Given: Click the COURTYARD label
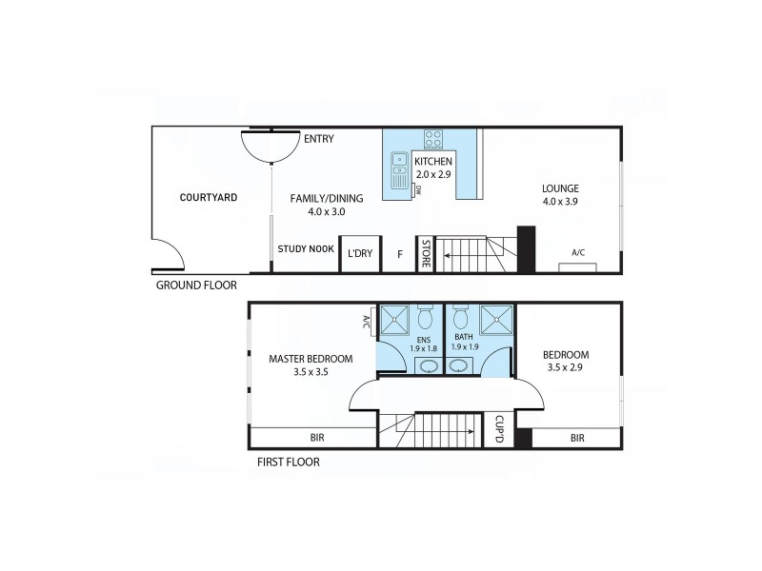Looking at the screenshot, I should point(208,198).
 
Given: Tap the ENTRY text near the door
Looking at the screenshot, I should point(318,139).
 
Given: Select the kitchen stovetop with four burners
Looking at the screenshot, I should point(433,139).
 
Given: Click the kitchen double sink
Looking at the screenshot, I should point(400,170).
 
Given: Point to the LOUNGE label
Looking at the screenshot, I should point(560,188).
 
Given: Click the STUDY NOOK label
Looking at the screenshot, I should point(306,249).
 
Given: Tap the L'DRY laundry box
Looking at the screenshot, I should point(360,253).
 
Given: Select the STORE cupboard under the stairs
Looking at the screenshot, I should point(426,254).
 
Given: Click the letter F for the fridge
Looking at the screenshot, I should point(399,254).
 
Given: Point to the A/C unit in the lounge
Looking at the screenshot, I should point(578,264).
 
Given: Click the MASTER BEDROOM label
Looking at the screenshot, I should point(311,359).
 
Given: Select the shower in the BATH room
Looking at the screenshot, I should point(496,321).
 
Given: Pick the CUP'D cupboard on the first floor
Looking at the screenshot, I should point(499,429).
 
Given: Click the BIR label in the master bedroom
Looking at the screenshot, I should point(317,438).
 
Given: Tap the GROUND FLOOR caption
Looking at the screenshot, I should point(195,285).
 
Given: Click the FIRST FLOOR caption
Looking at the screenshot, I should point(288,463).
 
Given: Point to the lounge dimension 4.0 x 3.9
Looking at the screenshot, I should point(560,202).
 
